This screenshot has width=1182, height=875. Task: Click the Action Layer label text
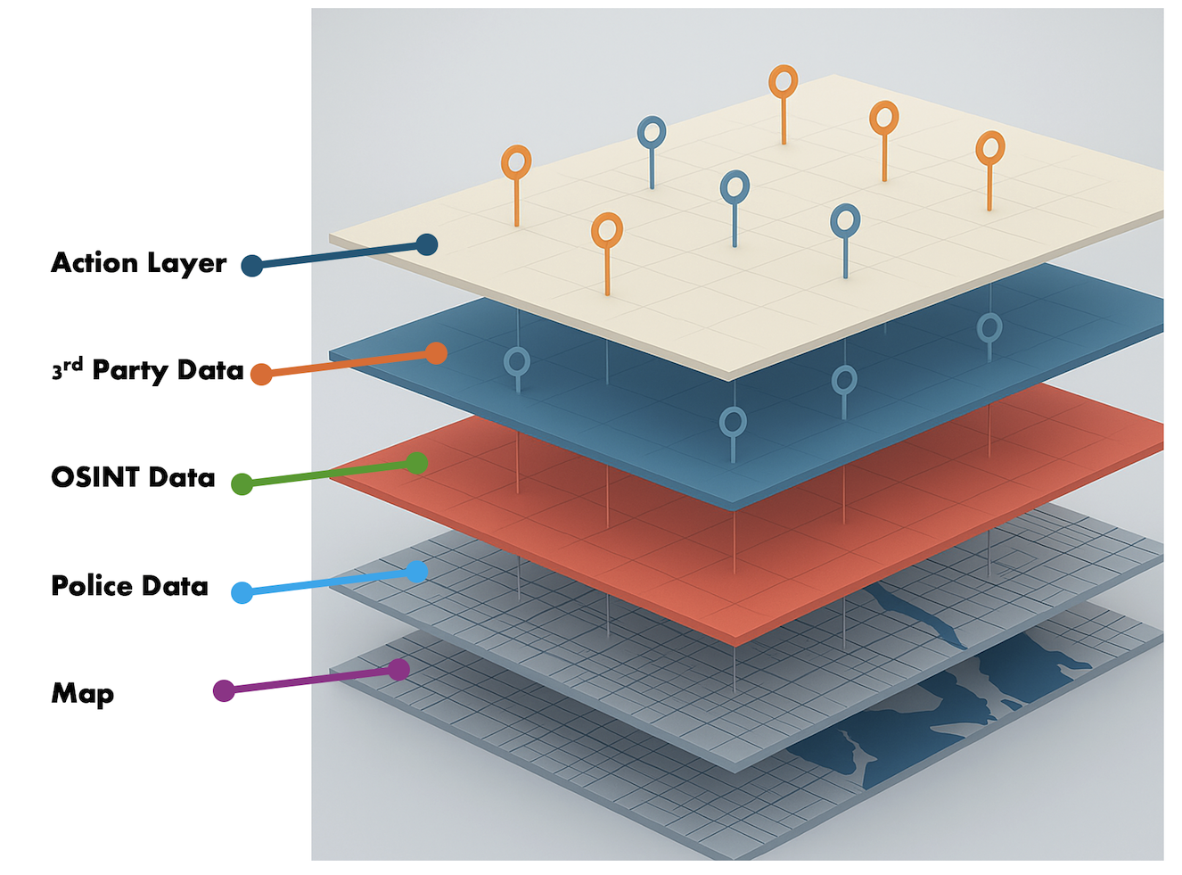tap(138, 263)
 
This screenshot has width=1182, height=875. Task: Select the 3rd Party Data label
tap(147, 370)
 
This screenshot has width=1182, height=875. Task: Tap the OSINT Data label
tap(133, 477)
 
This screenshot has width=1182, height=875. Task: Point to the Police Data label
tap(129, 586)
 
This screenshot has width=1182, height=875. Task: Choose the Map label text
tap(82, 693)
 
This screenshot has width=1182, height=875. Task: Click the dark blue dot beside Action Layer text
tap(252, 265)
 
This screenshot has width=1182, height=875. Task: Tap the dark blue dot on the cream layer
tap(427, 244)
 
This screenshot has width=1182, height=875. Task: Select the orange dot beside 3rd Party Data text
tap(261, 374)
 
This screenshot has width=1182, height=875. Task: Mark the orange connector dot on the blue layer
tap(436, 353)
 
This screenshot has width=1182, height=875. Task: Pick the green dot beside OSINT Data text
tap(242, 483)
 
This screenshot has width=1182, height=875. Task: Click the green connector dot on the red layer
tap(416, 463)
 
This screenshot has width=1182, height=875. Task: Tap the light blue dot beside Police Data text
tap(242, 592)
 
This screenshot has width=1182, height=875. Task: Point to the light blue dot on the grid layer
tap(416, 571)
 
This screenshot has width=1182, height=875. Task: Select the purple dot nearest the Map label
tap(224, 690)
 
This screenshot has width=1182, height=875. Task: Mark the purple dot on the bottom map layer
tap(399, 669)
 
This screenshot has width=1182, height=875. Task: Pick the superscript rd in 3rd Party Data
tap(73, 364)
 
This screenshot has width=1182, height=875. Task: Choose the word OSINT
tap(95, 477)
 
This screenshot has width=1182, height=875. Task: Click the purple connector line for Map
tap(312, 680)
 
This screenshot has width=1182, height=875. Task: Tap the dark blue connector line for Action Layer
tap(339, 255)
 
